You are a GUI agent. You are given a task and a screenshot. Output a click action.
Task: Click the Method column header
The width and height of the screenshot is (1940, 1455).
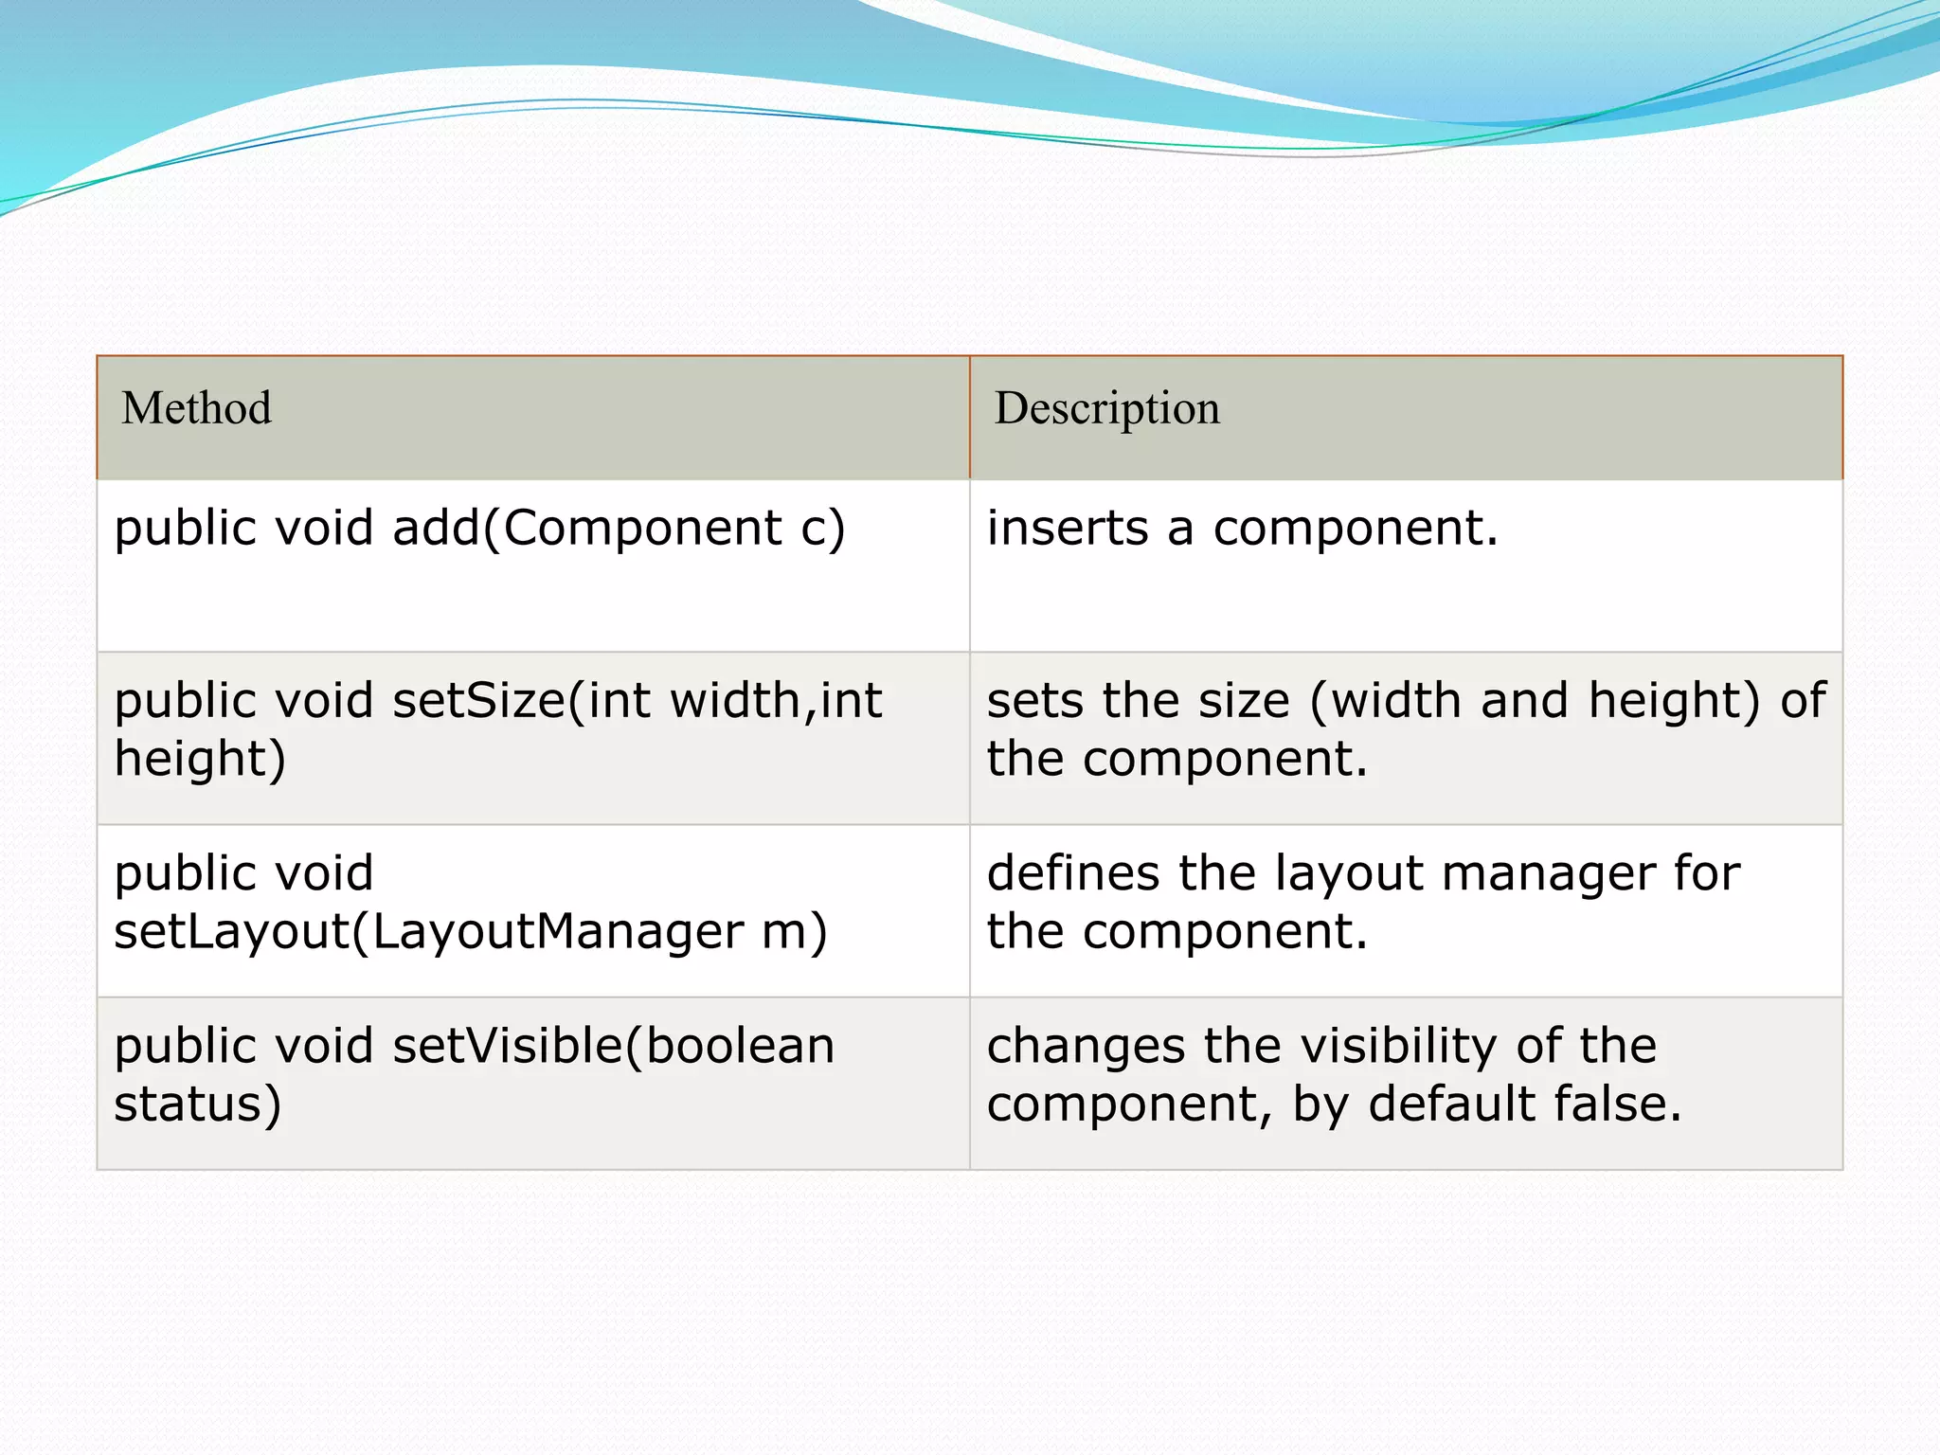(x=196, y=408)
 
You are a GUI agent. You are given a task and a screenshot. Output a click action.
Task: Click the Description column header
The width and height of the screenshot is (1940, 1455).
(x=1106, y=408)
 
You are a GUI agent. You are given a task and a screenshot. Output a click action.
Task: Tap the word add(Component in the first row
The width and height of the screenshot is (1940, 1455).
(x=586, y=528)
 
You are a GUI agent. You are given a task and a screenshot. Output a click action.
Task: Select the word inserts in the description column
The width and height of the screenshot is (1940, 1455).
(x=1068, y=528)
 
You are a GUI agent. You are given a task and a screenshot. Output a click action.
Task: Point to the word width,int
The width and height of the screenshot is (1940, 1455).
(x=776, y=701)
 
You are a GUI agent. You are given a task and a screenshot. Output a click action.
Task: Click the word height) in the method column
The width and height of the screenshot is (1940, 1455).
(x=200, y=760)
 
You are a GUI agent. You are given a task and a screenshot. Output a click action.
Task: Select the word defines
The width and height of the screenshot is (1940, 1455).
(x=1073, y=873)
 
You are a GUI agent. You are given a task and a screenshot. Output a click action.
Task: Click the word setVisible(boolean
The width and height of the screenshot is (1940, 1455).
(x=613, y=1047)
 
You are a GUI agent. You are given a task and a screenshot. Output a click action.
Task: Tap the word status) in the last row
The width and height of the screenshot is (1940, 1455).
(x=198, y=1105)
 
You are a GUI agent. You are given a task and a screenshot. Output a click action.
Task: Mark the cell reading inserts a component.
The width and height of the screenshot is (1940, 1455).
(x=1406, y=566)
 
